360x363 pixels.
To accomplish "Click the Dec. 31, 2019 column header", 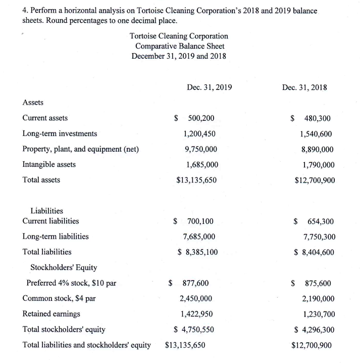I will [x=209, y=87].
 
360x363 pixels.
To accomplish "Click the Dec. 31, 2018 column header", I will [x=304, y=87].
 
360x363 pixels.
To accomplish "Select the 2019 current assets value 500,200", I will [x=201, y=118].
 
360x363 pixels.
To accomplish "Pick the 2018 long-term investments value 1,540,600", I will [x=316, y=134].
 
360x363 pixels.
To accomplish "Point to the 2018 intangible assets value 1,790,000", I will [x=316, y=164].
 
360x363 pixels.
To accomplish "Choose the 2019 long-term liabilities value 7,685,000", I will [x=199, y=237].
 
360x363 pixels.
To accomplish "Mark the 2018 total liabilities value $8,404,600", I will [x=314, y=252].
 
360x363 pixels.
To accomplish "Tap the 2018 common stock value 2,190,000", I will [x=317, y=299].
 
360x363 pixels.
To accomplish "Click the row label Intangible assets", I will [x=49, y=164].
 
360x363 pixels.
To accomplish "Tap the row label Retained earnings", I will [x=51, y=314].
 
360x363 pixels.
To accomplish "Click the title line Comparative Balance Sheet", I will [x=179, y=46].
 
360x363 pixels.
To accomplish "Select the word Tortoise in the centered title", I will [x=145, y=36].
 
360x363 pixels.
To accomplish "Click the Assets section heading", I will [x=33, y=103].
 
